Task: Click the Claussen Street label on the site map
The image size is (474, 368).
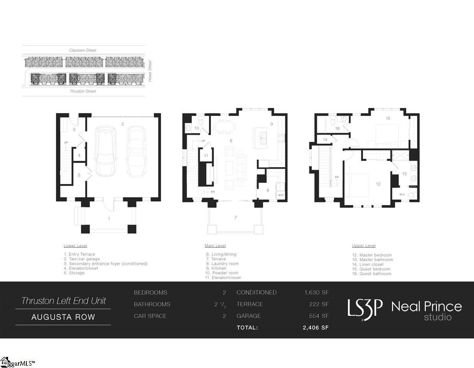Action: click(83, 50)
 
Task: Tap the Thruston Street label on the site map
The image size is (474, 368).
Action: click(83, 91)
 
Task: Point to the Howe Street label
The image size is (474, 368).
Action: click(150, 71)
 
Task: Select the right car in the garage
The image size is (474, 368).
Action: click(135, 151)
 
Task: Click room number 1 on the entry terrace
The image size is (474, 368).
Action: click(109, 219)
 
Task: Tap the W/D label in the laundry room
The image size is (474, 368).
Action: click(281, 195)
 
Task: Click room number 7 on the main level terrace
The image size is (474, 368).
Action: click(235, 218)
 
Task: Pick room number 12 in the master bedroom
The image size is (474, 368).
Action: click(378, 184)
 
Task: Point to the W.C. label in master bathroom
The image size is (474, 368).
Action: click(402, 194)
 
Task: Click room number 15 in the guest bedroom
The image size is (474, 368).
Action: click(388, 118)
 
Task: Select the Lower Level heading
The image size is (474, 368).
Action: click(75, 246)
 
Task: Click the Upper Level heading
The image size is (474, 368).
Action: click(364, 246)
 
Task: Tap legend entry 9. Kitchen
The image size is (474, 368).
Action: click(216, 268)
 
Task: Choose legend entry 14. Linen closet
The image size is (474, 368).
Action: click(368, 264)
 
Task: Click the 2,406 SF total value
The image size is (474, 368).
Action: click(315, 328)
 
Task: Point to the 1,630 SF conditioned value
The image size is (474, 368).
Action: click(316, 292)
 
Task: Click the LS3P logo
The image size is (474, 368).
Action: click(365, 309)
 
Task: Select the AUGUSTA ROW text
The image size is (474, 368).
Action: click(63, 317)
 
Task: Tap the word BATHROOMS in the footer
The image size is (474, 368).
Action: click(152, 304)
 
